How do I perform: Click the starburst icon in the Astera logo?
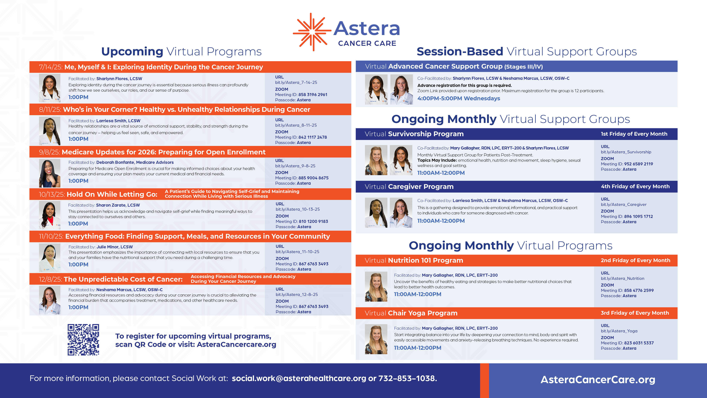click(312, 32)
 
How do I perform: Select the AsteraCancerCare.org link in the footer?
click(598, 380)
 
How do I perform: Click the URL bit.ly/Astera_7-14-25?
click(296, 82)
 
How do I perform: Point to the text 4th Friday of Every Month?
click(635, 186)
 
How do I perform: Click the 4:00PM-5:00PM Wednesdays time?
click(459, 98)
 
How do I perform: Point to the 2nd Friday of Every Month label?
click(635, 260)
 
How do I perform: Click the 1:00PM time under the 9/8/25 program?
click(78, 181)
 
